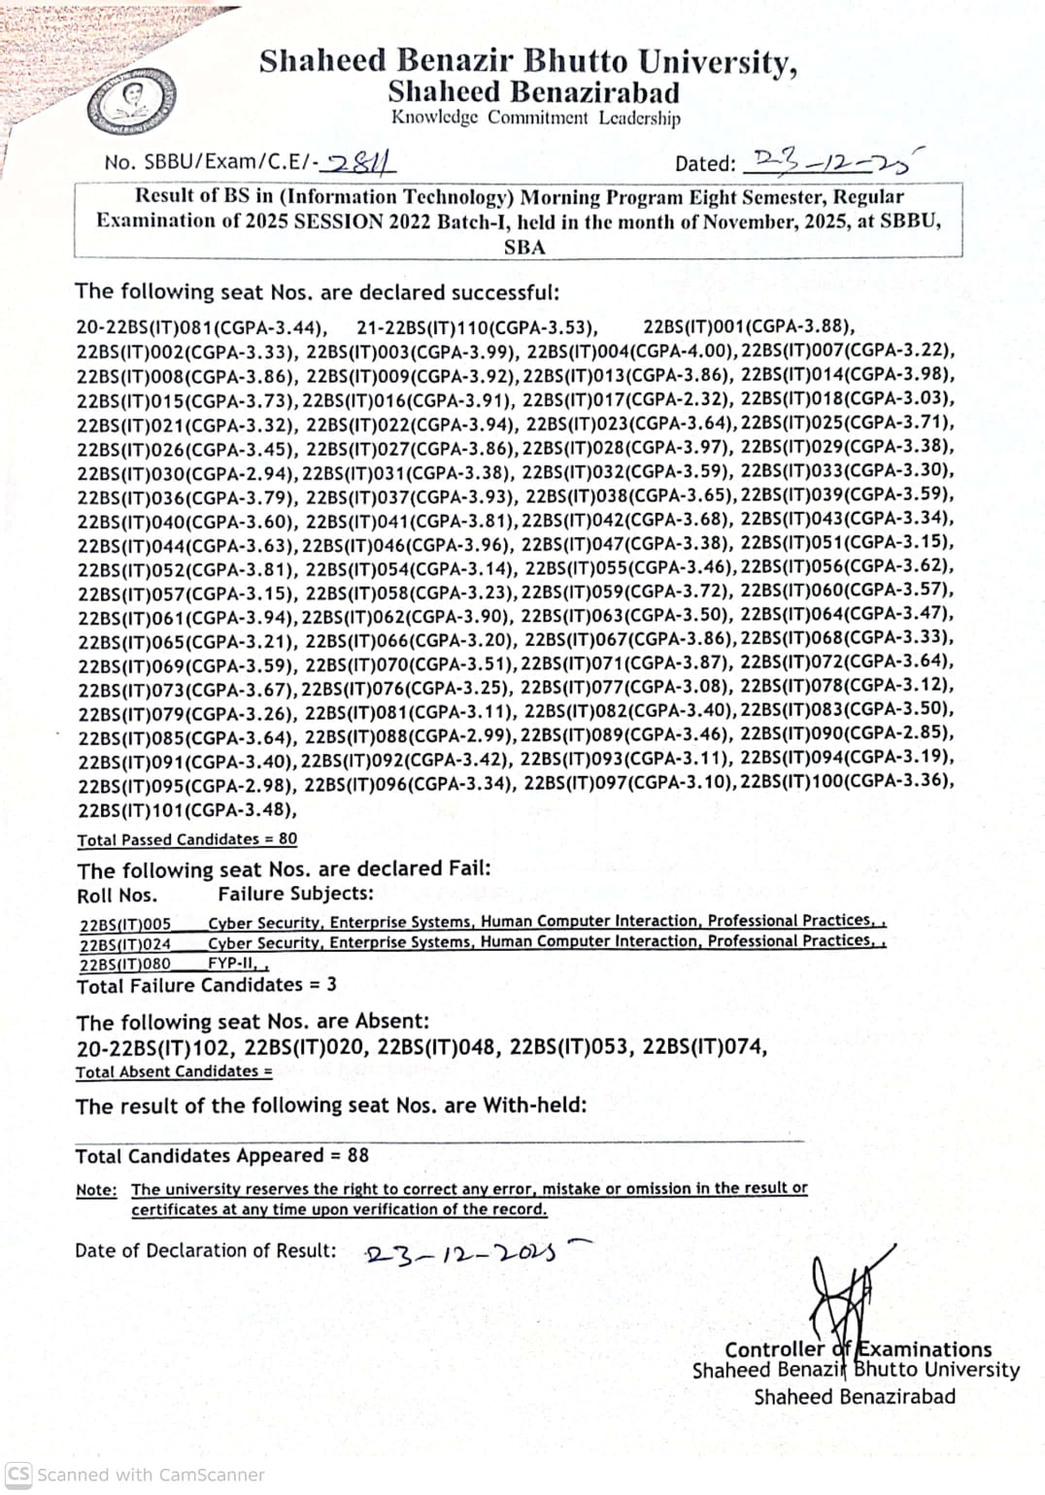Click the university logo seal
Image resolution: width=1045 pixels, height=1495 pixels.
pyautogui.click(x=131, y=101)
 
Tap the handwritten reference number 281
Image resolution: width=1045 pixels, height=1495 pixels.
pyautogui.click(x=360, y=163)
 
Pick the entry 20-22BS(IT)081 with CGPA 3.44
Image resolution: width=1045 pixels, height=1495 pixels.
pyautogui.click(x=201, y=327)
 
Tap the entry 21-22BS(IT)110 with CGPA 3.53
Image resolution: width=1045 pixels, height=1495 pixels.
pyautogui.click(x=477, y=327)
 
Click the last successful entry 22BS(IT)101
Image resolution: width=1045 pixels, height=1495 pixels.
pyautogui.click(x=186, y=809)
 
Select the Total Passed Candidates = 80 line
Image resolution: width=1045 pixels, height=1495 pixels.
pyautogui.click(x=187, y=839)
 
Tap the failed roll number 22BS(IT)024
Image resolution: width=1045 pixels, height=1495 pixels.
pyautogui.click(x=125, y=943)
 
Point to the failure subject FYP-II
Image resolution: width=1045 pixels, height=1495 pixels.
pyautogui.click(x=234, y=964)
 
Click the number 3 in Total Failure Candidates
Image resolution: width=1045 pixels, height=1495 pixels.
pyautogui.click(x=331, y=984)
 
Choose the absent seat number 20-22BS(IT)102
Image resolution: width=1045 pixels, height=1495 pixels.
pyautogui.click(x=154, y=1047)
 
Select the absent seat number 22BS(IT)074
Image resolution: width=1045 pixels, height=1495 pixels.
pyautogui.click(x=704, y=1046)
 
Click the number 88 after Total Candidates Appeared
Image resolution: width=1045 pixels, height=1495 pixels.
pyautogui.click(x=357, y=1155)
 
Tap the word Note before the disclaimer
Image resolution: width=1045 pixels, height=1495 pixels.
pyautogui.click(x=96, y=1190)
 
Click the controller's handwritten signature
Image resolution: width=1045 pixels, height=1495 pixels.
pyautogui.click(x=844, y=1295)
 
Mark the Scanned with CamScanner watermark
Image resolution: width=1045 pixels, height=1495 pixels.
pyautogui.click(x=135, y=1475)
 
